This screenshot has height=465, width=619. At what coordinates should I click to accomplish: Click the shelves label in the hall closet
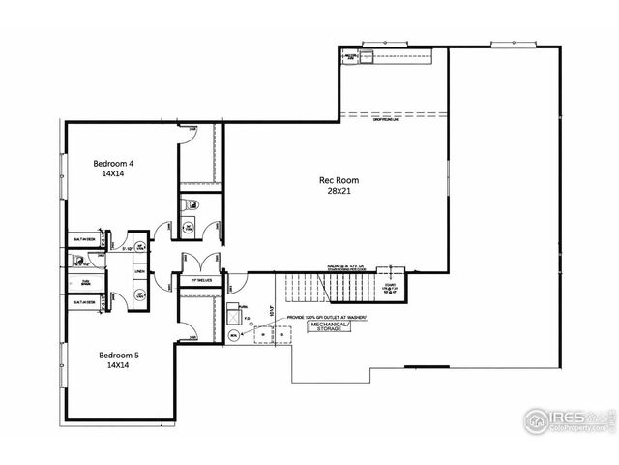[x=201, y=280]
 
